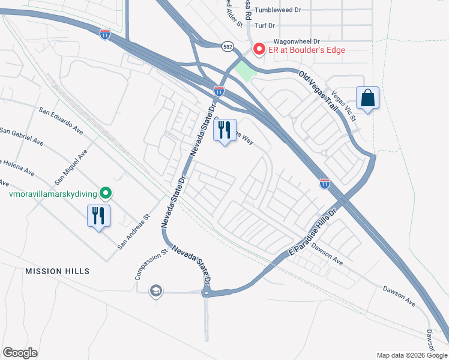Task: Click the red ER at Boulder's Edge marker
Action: [x=259, y=49]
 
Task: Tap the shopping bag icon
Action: [x=367, y=97]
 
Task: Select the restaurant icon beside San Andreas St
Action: [x=98, y=216]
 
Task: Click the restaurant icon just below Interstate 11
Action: [x=224, y=130]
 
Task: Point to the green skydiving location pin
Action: [x=106, y=193]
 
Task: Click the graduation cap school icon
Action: [x=156, y=291]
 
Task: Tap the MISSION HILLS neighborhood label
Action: [x=57, y=271]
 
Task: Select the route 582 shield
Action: [x=227, y=46]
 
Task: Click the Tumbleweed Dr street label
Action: [x=277, y=10]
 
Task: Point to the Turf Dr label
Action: [x=264, y=25]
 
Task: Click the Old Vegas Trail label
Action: [x=319, y=88]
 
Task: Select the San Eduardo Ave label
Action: [x=61, y=120]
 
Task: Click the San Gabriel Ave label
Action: [x=22, y=137]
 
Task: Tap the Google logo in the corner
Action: [x=20, y=353]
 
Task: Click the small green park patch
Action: [x=245, y=71]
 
